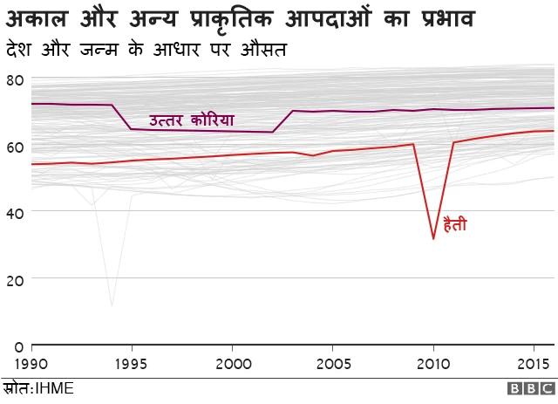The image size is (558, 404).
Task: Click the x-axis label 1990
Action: coord(31,362)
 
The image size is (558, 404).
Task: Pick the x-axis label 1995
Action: coord(132,362)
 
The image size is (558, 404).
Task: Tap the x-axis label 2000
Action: coord(232,362)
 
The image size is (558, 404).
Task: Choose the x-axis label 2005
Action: coord(332,362)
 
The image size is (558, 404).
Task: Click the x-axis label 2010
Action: coord(433,362)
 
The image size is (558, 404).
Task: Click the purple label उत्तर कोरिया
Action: coord(191,120)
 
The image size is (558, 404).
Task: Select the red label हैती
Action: coord(455,225)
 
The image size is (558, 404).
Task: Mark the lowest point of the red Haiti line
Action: coord(433,238)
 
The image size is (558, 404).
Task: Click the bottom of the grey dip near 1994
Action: coord(112,305)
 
